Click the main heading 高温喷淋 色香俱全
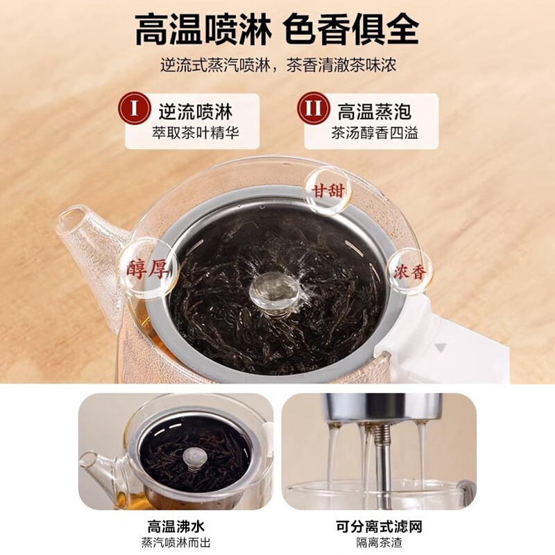coord(277,29)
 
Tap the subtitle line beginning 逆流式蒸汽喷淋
coord(278,65)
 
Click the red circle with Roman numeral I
coord(134,108)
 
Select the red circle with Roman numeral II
coord(313,108)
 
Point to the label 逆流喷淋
coord(196,112)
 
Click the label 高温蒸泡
coord(375,112)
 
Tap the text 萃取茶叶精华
coord(196,133)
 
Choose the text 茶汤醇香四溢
coord(375,133)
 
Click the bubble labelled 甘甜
coord(327,191)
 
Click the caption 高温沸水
coord(176,527)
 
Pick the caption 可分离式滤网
coord(379,527)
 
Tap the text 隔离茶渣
coord(379,543)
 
